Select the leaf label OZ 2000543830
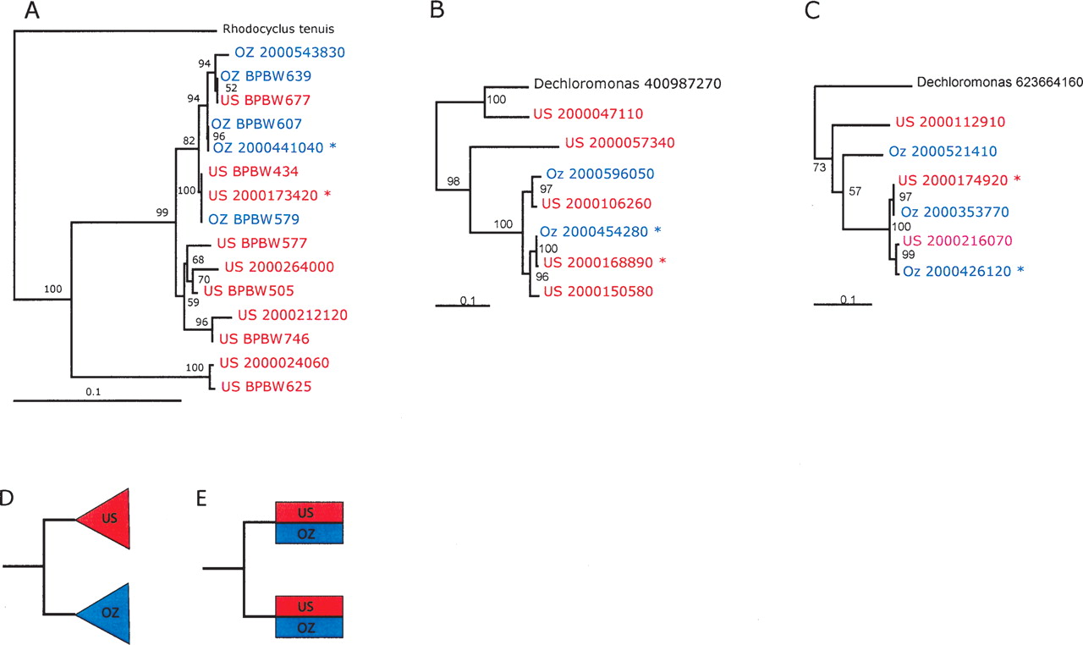(x=278, y=52)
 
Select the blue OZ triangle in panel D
(x=106, y=614)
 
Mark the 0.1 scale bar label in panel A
(x=94, y=391)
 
